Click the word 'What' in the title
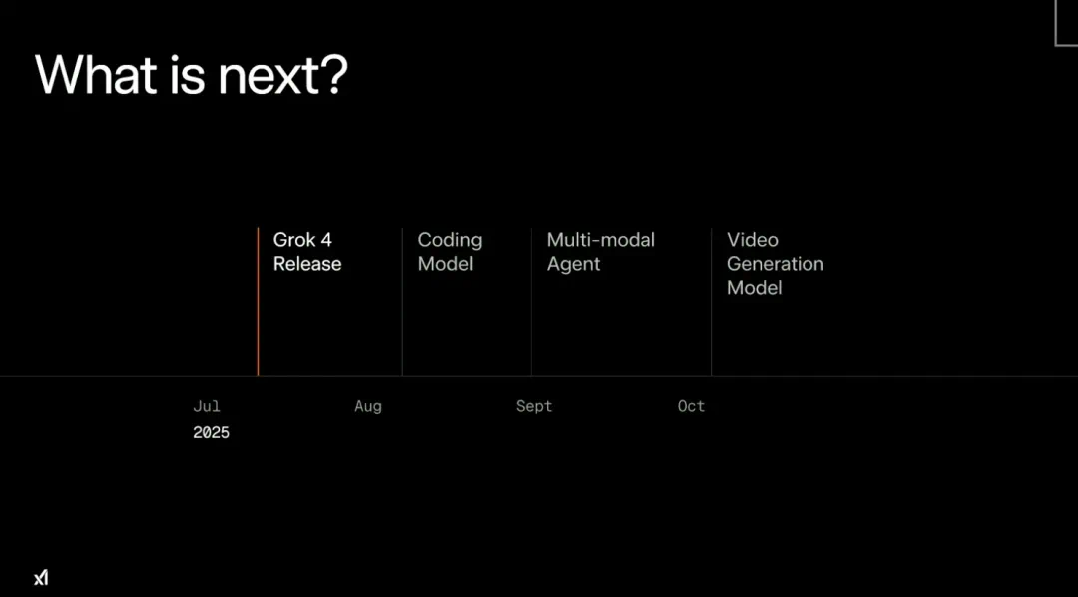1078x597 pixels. coord(96,74)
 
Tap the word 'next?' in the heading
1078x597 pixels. coord(282,75)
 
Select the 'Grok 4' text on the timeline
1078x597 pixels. coord(302,240)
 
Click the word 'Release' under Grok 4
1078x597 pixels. coord(307,264)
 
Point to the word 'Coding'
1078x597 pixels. coord(450,241)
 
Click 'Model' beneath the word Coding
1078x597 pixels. coord(445,264)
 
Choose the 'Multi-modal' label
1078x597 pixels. coord(600,240)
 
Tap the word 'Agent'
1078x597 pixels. coord(573,265)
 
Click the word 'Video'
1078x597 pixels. coord(753,240)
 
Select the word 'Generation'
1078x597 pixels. coord(775,264)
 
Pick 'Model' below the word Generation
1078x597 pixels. coord(755,287)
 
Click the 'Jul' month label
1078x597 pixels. coord(207,406)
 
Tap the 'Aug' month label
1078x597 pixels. coord(367,407)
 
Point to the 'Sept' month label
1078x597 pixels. coord(534,407)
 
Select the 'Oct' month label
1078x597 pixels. coord(691,406)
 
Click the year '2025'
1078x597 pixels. coord(211,432)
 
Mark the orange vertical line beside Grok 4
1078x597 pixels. coord(258,301)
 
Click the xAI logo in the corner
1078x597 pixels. coord(41,578)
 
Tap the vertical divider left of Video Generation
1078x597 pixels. coord(711,301)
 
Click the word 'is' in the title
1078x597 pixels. coord(187,74)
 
